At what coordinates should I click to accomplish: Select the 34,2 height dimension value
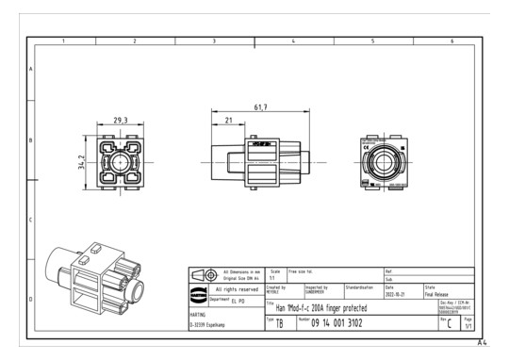coord(83,164)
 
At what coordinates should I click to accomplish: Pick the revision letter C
coord(449,323)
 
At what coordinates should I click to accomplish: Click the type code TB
coord(279,323)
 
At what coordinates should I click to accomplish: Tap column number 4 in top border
coord(293,41)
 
